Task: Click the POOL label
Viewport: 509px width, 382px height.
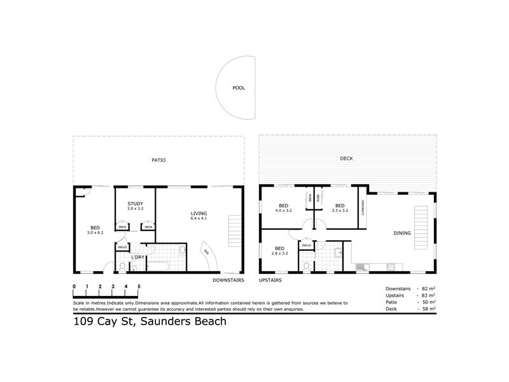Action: [238, 88]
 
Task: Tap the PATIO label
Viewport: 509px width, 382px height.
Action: [158, 160]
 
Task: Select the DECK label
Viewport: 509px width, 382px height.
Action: [346, 159]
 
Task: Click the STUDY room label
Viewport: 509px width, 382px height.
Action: [135, 203]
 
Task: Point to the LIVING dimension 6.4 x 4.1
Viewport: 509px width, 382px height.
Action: [199, 219]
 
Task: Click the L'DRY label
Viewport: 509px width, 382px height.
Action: [136, 257]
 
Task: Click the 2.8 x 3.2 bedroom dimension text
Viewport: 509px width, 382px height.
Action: [279, 253]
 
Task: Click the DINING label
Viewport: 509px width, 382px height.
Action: [402, 234]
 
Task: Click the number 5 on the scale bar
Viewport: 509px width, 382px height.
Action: [139, 287]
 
